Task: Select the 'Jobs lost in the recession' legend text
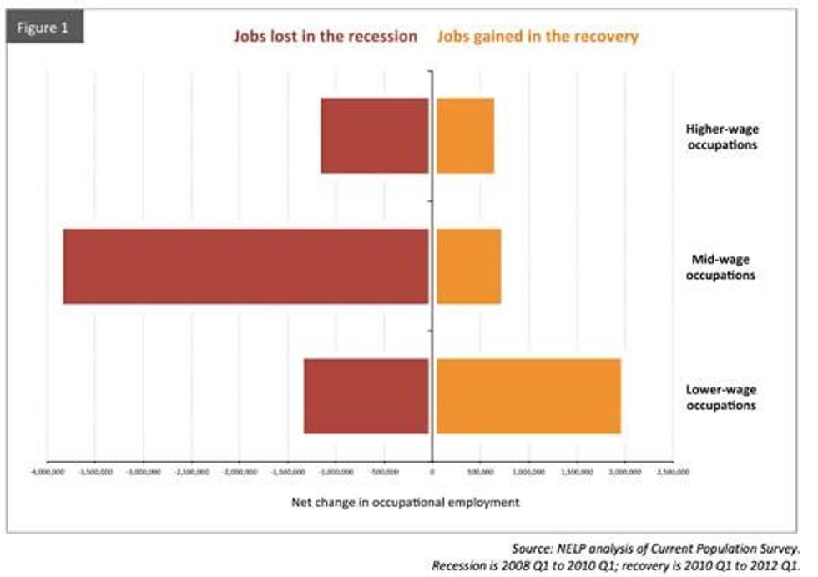324,37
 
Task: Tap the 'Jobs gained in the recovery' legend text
538,37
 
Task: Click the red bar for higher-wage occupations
375,135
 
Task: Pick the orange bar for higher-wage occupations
465,135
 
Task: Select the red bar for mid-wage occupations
246,266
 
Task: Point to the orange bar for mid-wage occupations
468,266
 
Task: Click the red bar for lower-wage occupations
366,396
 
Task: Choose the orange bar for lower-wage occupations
528,396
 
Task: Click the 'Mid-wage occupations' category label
721,267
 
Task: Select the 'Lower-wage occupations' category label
721,397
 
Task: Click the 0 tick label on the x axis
432,472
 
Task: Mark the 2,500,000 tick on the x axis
673,472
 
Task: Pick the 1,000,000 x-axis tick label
528,472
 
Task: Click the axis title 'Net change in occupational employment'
405,503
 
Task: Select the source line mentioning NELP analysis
657,549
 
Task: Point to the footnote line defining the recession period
615,565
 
